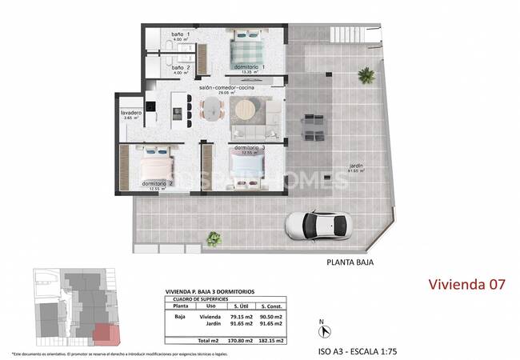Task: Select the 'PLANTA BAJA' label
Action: tap(350, 262)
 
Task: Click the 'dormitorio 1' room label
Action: tap(249, 66)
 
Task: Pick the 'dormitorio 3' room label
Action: tap(249, 148)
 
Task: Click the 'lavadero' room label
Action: tap(131, 113)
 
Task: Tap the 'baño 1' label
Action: tap(180, 35)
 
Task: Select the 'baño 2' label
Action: tap(180, 67)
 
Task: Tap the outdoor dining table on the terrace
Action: tap(311, 126)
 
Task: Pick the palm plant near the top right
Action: tap(366, 76)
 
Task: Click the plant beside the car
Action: tap(214, 238)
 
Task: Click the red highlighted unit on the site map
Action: tap(104, 336)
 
